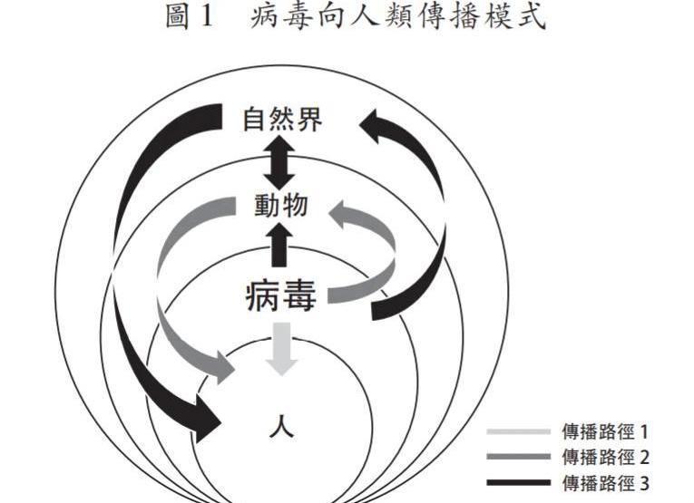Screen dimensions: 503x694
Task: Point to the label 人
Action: coord(281,425)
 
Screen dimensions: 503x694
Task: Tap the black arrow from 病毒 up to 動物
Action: coord(280,244)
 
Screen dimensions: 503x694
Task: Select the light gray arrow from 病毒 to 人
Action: coord(281,347)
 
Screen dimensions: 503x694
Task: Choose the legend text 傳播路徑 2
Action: coord(605,457)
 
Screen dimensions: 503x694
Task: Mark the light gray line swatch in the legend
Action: coord(518,432)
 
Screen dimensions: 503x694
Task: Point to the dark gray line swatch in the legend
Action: coord(518,457)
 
